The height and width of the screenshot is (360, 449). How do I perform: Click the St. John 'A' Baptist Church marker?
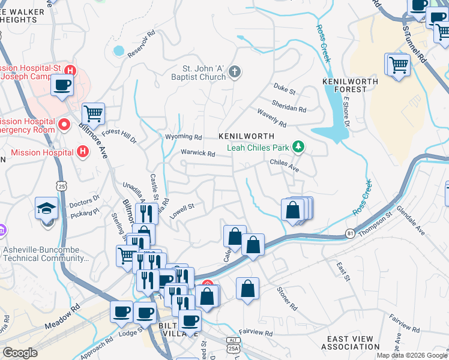coord(234,73)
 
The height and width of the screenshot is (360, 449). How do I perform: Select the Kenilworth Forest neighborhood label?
coord(350,85)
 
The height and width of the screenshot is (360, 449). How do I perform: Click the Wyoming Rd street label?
coord(184,137)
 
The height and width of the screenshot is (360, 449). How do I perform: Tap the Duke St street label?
coord(285,91)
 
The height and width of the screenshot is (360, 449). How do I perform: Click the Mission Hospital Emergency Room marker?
coord(65,125)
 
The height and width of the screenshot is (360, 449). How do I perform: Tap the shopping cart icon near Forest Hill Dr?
coord(93,113)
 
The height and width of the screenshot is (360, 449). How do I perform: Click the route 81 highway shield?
coord(351,232)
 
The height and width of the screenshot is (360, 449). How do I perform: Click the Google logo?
coord(20,353)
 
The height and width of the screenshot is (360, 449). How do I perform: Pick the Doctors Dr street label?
coord(84,200)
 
